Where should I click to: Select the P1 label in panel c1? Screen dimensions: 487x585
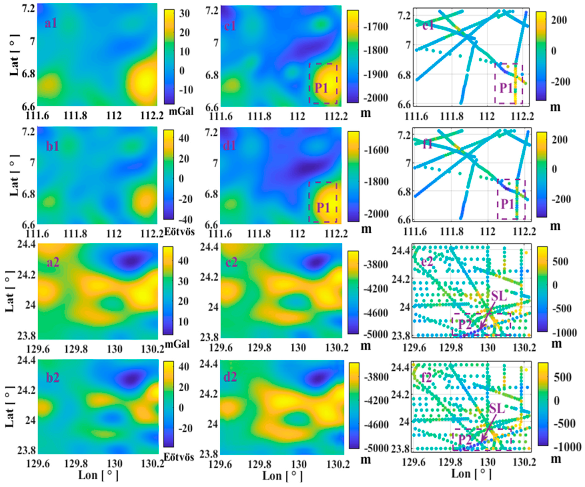click(321, 88)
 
